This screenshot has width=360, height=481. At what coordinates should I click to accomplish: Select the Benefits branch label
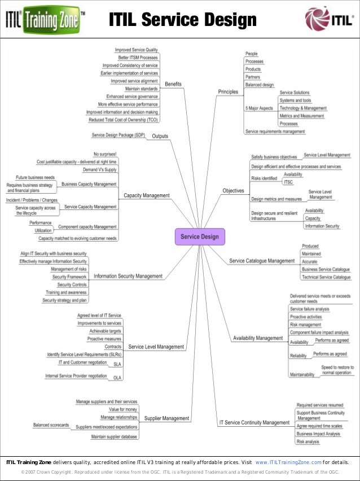pyautogui.click(x=173, y=84)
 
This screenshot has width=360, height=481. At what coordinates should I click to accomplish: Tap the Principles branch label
pyautogui.click(x=228, y=91)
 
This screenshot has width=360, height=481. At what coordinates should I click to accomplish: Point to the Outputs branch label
pyautogui.click(x=160, y=135)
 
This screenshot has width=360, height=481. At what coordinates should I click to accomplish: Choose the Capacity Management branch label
pyautogui.click(x=147, y=195)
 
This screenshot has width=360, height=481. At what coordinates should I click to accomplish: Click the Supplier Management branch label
pyautogui.click(x=166, y=418)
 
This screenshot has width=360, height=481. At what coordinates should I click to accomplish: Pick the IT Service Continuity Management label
pyautogui.click(x=254, y=422)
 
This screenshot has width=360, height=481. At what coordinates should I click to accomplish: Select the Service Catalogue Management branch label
pyautogui.click(x=262, y=261)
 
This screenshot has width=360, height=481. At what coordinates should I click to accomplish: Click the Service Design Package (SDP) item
pyautogui.click(x=118, y=135)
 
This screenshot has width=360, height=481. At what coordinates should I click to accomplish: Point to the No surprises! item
pyautogui.click(x=105, y=154)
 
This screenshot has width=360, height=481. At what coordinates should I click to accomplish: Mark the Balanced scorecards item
pyautogui.click(x=51, y=425)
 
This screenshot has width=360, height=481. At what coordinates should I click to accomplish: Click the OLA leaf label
pyautogui.click(x=117, y=378)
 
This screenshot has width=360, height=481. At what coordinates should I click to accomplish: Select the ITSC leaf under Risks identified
pyautogui.click(x=288, y=182)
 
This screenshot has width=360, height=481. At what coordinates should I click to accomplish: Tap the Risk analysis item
pyautogui.click(x=308, y=441)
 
